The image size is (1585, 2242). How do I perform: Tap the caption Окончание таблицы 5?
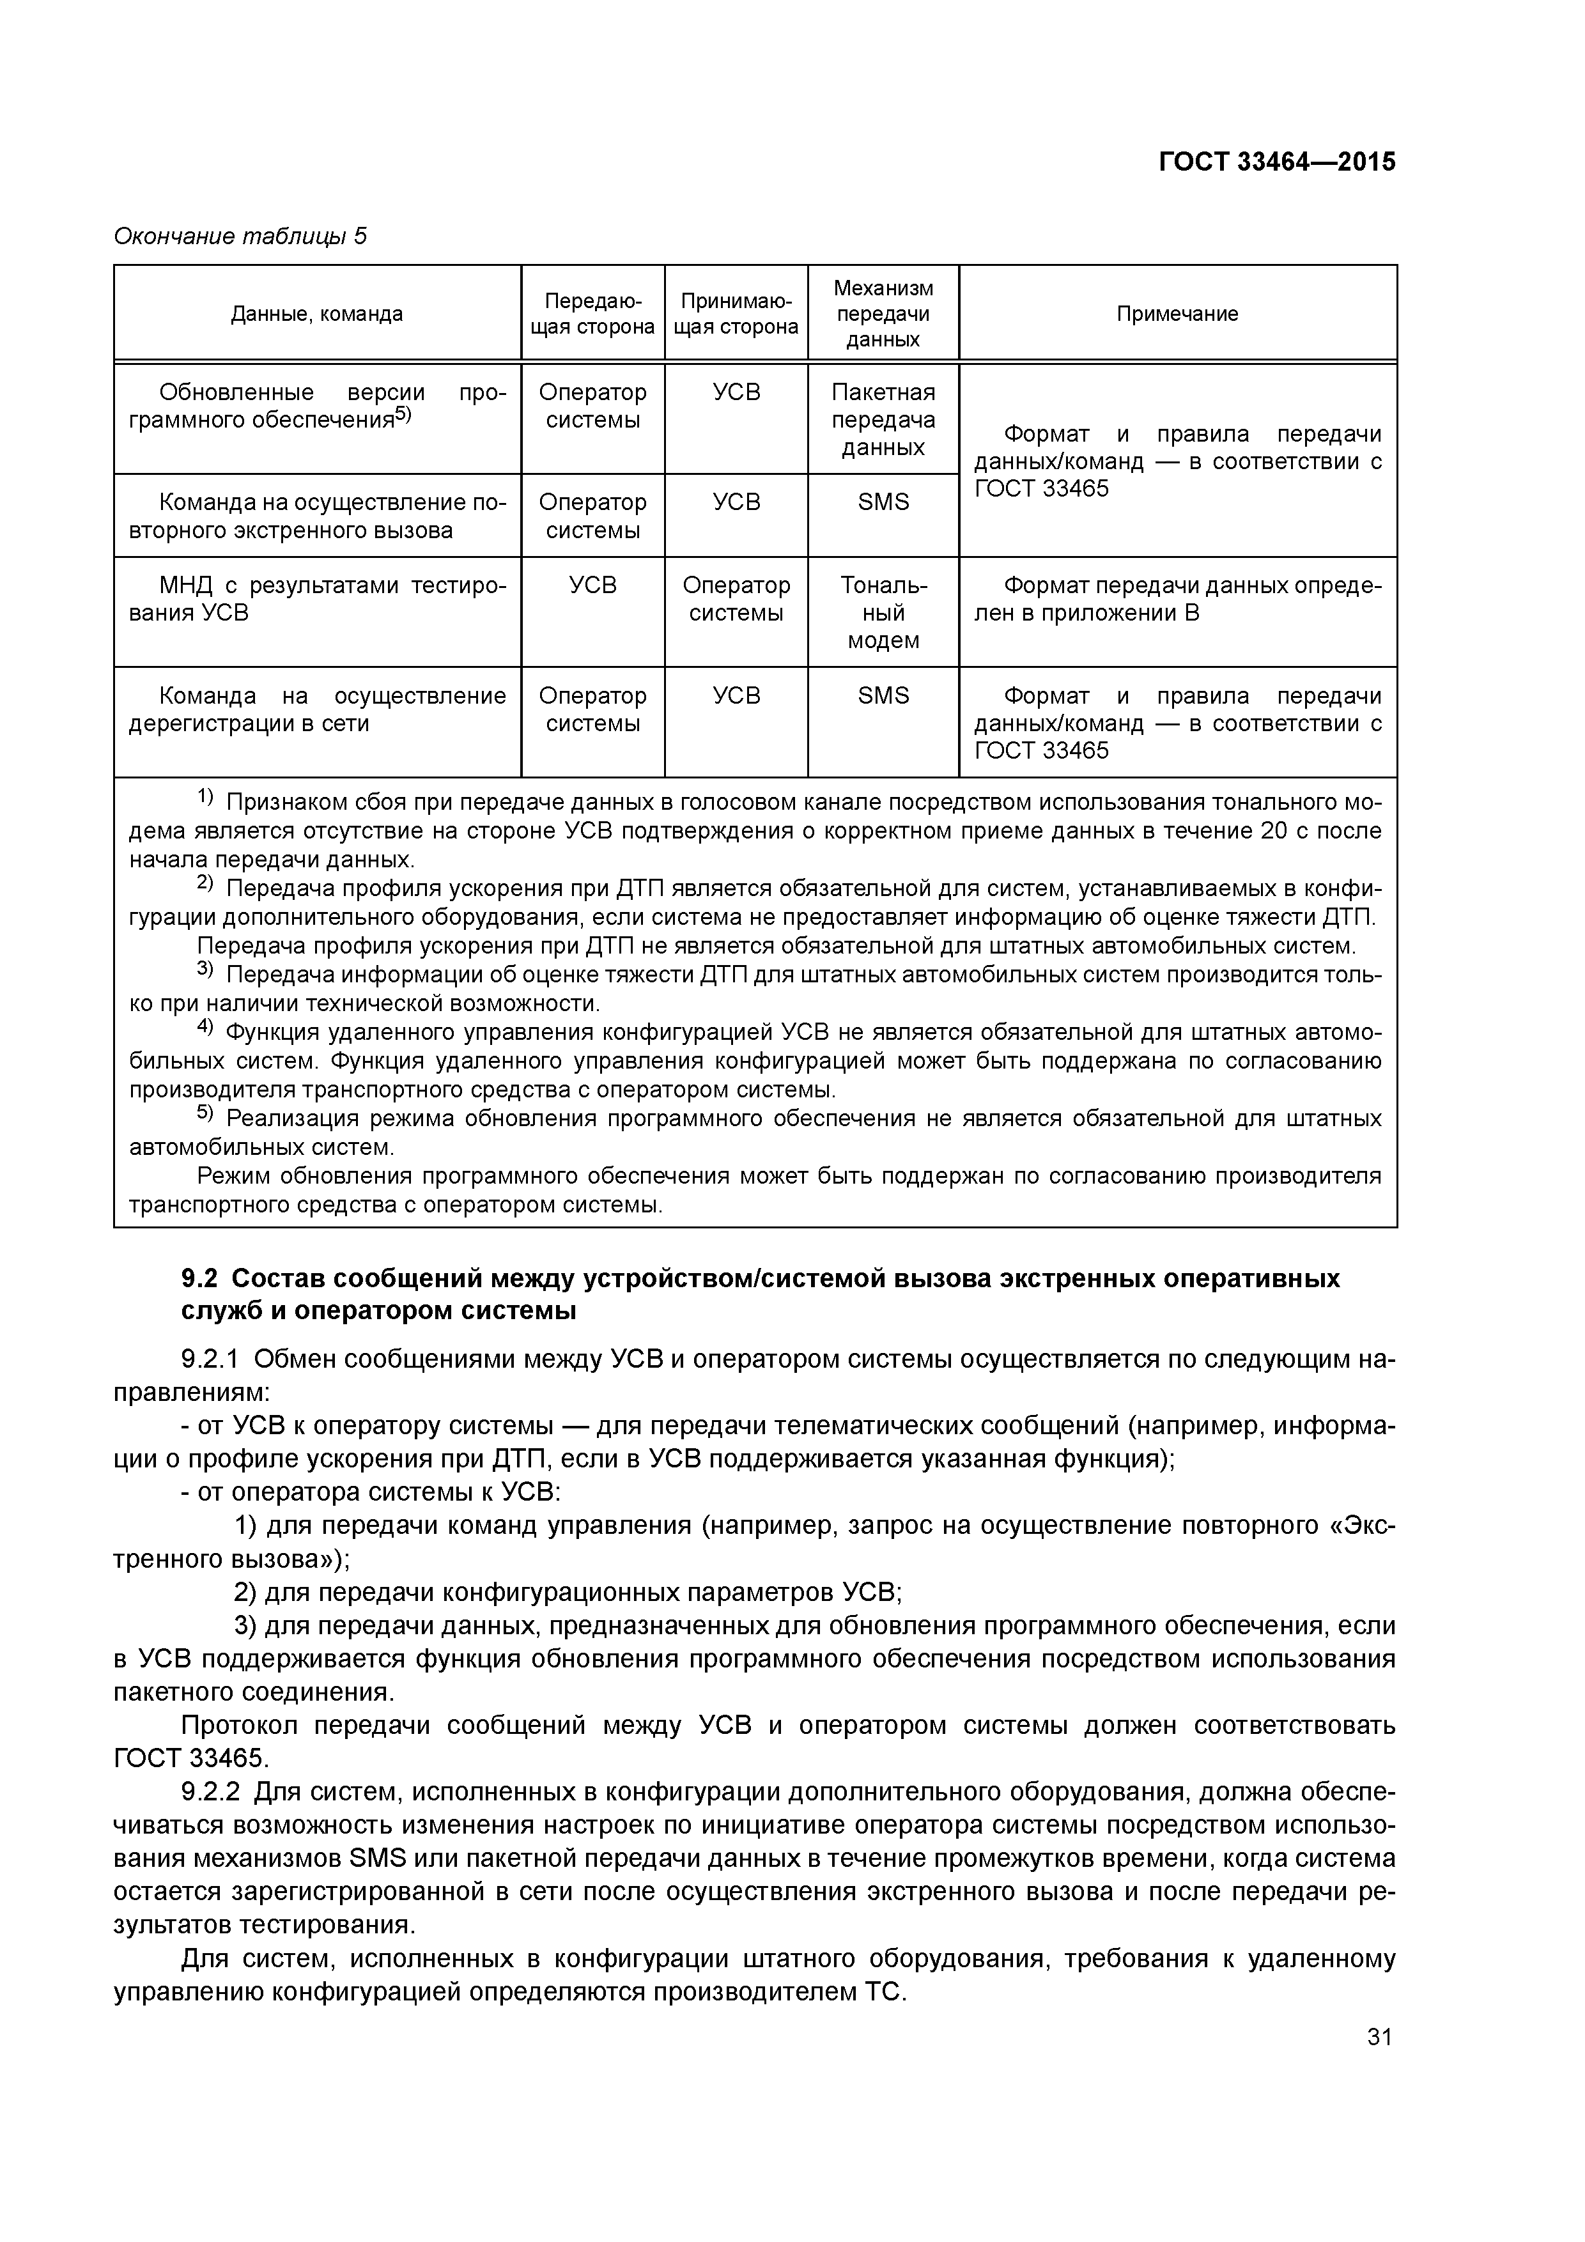pos(240,236)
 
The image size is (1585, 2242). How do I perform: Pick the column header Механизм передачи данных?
pos(883,313)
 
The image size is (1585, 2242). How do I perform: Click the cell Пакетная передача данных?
pos(883,420)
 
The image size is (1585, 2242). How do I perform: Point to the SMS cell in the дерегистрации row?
pos(883,695)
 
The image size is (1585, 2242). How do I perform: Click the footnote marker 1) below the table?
pos(206,798)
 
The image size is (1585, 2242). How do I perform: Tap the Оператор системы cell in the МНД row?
pos(736,599)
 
